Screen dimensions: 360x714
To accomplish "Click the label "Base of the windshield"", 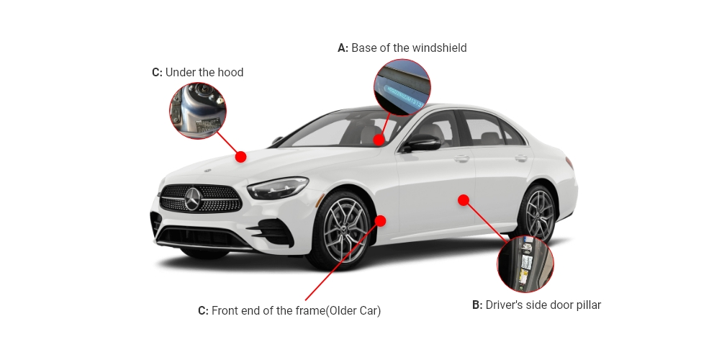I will click(x=408, y=48).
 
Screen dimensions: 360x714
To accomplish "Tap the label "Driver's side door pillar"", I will click(x=543, y=305).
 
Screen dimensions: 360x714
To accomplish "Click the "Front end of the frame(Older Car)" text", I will click(x=296, y=311).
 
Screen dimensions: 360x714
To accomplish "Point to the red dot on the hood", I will click(x=241, y=157).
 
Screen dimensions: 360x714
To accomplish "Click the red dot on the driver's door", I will click(x=464, y=200).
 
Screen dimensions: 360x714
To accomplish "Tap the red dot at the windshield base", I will click(x=379, y=140).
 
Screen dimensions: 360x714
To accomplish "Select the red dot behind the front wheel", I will click(x=381, y=220).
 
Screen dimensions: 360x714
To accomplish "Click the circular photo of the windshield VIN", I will click(x=402, y=87).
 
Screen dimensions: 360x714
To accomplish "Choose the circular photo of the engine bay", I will click(x=198, y=110).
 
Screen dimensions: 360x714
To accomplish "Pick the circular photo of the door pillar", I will click(x=525, y=264).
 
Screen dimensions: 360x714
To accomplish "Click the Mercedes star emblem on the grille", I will click(x=192, y=199).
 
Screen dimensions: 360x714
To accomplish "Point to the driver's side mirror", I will click(x=422, y=143).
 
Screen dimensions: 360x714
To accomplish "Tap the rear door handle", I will click(x=520, y=158).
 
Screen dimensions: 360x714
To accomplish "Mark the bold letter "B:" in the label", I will click(x=477, y=305).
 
